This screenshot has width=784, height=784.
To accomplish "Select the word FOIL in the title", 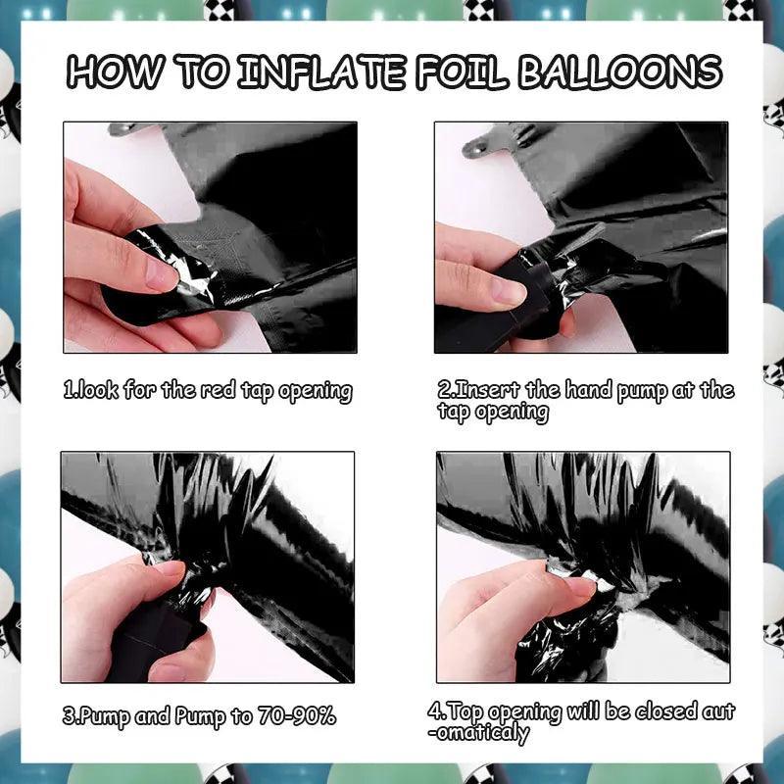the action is coord(460,72).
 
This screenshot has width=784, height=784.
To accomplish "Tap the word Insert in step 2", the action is coord(478,389).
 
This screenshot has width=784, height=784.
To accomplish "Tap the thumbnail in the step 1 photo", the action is coord(161,275).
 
